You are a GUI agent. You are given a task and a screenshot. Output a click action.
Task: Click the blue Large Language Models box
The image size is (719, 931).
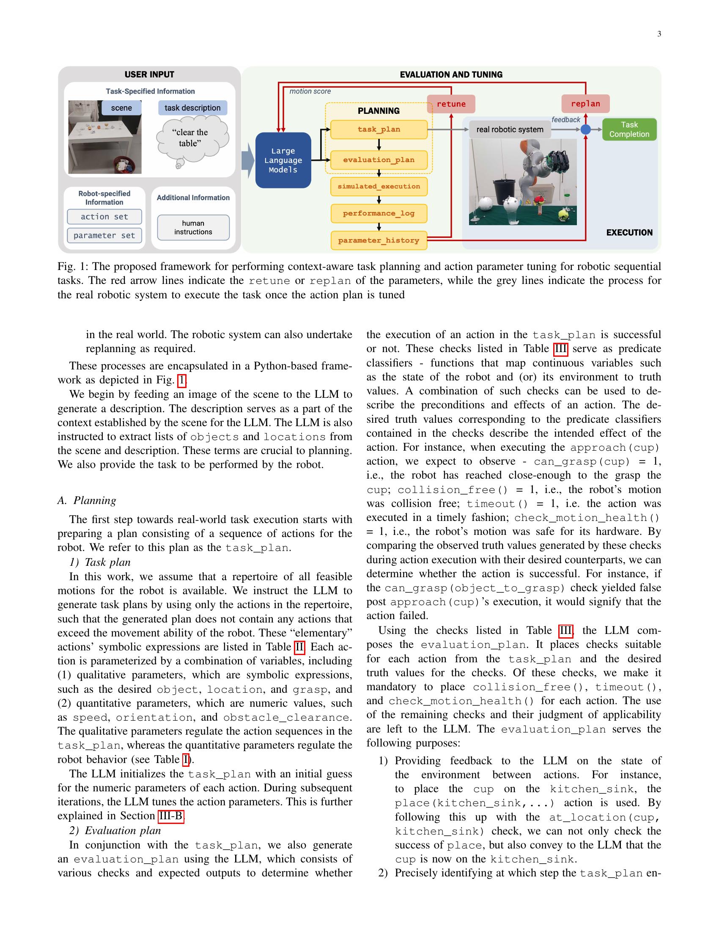point(283,160)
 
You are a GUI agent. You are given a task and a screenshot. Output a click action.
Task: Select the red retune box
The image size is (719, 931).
point(451,104)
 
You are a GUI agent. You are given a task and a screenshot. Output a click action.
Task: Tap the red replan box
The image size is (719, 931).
point(585,104)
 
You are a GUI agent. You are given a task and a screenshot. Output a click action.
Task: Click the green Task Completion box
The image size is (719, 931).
point(629,129)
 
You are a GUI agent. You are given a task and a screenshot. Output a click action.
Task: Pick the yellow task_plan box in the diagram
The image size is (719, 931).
point(379,129)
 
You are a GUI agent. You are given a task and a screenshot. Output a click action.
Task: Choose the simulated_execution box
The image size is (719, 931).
point(379,187)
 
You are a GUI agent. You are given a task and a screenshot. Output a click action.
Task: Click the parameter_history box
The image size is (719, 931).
point(379,240)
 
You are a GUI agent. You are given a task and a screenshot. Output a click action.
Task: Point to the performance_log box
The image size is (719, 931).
point(379,214)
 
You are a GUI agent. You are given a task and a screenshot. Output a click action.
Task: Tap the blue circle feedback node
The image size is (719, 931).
point(586,129)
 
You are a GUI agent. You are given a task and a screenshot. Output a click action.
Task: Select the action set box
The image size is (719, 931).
point(104,217)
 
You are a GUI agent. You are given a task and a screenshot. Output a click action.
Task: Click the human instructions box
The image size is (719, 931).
point(193,228)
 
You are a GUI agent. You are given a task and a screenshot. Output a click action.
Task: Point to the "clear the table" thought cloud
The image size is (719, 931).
point(191,138)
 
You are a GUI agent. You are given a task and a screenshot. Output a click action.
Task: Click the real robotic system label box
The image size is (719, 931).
point(510,129)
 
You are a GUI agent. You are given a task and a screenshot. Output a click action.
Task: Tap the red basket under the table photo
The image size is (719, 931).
point(124,165)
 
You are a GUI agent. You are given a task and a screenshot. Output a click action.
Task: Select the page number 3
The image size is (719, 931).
point(659,34)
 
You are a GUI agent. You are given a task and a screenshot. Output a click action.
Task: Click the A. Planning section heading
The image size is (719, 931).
point(87,501)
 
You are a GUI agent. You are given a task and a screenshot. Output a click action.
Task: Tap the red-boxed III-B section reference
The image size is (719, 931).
point(171,816)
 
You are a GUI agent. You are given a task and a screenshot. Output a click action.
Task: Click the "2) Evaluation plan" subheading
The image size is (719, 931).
point(115,830)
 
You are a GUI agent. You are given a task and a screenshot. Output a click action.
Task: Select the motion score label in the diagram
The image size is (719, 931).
point(310,91)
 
